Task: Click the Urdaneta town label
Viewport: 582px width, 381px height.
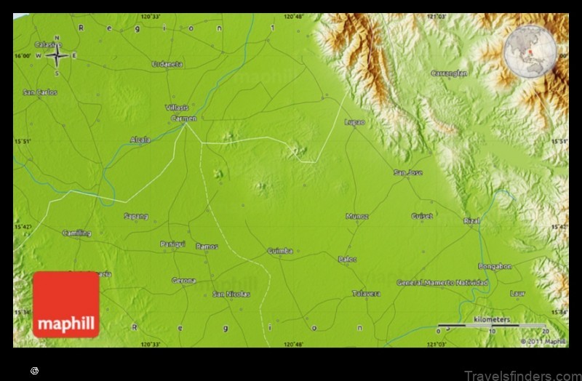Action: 167,64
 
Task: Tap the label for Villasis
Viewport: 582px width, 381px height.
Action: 177,107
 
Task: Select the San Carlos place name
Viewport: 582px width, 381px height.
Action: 39,92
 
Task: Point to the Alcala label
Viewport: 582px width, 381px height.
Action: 140,140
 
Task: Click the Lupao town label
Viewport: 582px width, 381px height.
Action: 354,122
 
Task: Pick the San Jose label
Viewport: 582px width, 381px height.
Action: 407,172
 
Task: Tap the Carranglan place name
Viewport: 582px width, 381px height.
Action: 448,73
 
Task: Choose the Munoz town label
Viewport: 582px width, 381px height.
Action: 357,216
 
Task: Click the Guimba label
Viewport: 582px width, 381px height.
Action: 279,251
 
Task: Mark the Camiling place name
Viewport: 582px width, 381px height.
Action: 76,233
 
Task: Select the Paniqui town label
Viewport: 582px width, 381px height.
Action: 172,244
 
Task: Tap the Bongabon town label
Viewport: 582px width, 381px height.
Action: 495,266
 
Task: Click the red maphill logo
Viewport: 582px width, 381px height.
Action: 65,305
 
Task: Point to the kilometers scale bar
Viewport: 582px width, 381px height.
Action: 501,324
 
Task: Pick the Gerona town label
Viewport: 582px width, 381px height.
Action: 183,280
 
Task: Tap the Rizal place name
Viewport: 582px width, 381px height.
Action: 472,220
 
